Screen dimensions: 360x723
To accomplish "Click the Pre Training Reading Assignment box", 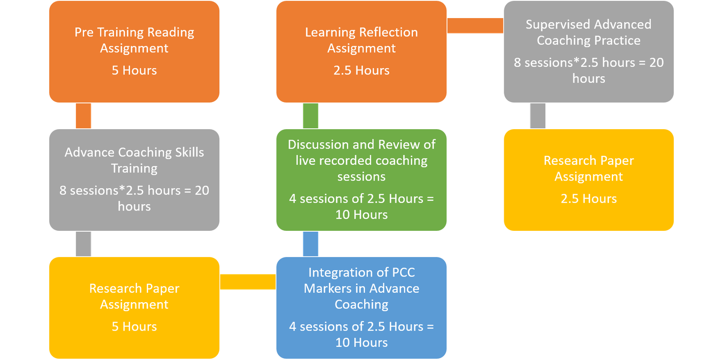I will point(134,51).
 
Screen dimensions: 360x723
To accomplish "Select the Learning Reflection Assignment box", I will point(361,51).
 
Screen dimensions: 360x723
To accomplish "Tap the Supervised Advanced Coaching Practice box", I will point(588,51).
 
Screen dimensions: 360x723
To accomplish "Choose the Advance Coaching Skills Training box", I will point(134,180).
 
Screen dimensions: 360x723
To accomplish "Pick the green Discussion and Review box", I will point(361,180).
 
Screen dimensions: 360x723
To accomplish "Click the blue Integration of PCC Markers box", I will point(361,308).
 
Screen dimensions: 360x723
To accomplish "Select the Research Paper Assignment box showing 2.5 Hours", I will point(588,180).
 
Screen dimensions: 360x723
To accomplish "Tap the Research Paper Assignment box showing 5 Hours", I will point(134,308).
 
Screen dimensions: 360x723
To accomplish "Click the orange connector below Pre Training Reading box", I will point(83,116).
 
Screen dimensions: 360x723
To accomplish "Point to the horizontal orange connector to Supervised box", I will point(475,26).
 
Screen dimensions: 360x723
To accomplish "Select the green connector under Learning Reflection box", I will point(310,116).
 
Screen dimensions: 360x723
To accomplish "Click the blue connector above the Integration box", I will point(310,244).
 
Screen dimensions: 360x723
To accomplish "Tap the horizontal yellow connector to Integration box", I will point(248,282).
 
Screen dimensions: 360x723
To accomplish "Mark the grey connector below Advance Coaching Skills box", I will point(83,244).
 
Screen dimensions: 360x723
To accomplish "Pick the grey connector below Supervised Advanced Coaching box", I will point(537,116).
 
